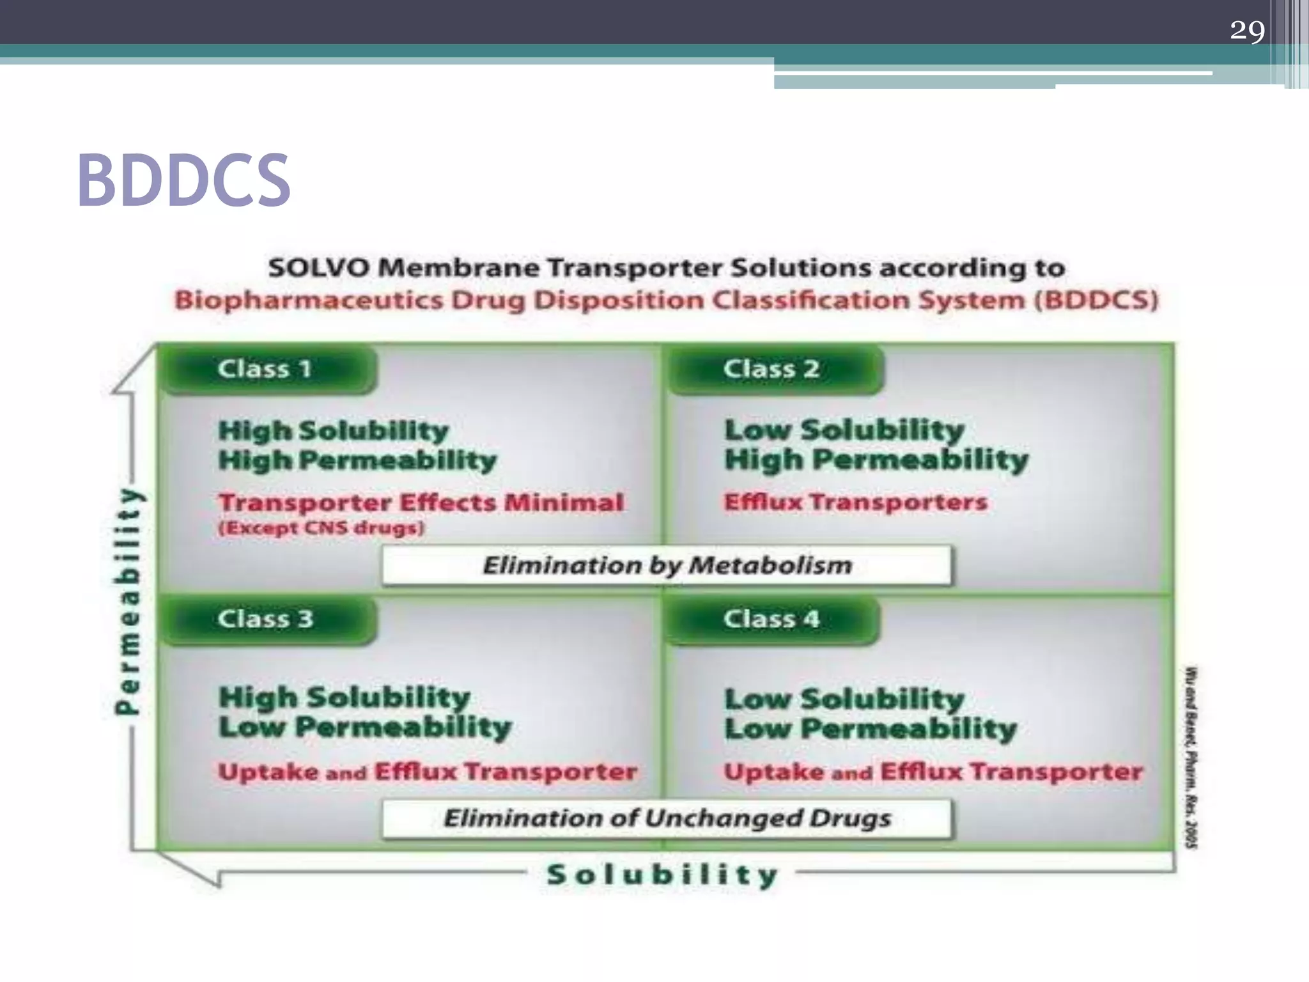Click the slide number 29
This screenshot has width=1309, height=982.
(1247, 30)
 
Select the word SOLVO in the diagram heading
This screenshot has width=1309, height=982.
(318, 268)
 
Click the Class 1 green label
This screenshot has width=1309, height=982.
(265, 369)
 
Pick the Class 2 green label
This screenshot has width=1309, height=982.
(771, 369)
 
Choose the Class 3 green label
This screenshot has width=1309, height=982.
(265, 619)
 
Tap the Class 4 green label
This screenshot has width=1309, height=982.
(771, 619)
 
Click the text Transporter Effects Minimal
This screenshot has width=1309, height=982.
(421, 503)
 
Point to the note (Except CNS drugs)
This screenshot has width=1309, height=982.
(321, 529)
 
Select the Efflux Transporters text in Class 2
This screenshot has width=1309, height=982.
(855, 502)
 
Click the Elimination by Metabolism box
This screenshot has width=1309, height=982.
(667, 565)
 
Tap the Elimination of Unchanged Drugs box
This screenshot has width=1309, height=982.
(667, 818)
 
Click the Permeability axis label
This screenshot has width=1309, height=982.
(128, 601)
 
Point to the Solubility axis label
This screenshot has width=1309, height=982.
(662, 875)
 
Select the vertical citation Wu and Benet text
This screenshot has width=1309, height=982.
(1191, 758)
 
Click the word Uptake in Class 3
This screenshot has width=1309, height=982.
(268, 772)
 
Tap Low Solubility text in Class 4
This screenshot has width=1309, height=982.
(844, 699)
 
